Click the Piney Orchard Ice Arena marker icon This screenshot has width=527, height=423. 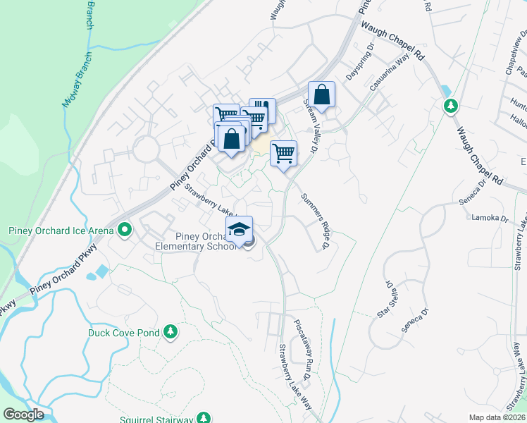tap(125, 229)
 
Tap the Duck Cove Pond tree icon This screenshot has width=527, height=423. tap(170, 331)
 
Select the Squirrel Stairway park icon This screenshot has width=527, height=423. tap(204, 418)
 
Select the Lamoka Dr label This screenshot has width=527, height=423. tap(490, 219)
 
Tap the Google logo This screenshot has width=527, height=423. tap(23, 415)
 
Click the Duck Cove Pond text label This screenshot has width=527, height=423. tap(124, 332)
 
